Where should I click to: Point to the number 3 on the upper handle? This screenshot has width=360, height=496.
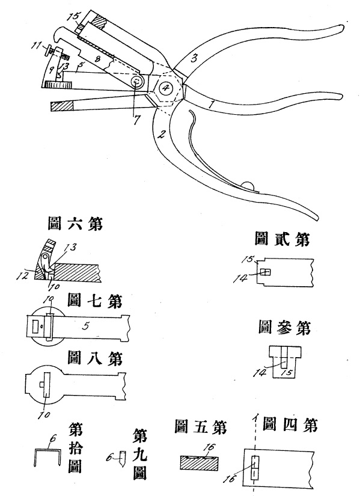[x=195, y=58]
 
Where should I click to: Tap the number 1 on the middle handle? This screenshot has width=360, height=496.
[x=212, y=103]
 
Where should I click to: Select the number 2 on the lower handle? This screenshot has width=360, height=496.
[x=161, y=135]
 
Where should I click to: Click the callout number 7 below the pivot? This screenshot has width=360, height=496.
[x=136, y=120]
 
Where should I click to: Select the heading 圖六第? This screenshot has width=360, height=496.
[x=75, y=224]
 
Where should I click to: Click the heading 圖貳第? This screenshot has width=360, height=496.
[x=282, y=239]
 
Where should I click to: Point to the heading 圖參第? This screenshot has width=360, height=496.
[x=284, y=328]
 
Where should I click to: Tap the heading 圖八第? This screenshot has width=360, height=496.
[x=94, y=358]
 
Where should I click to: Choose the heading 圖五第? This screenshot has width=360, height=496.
[x=201, y=427]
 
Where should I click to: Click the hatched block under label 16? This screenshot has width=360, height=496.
[x=200, y=464]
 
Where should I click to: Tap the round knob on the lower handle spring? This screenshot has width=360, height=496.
[x=248, y=186]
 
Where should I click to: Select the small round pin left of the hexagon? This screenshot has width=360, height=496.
[x=136, y=82]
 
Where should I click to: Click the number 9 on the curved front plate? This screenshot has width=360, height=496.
[x=52, y=69]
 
